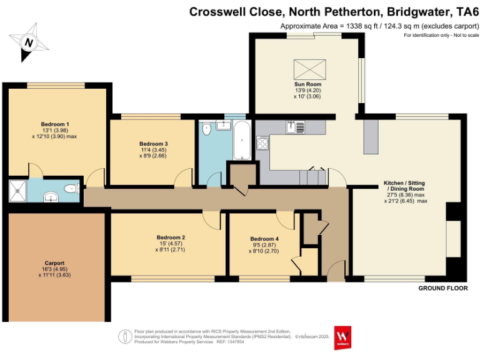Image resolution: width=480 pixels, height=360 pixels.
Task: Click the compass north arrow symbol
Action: (x=28, y=42)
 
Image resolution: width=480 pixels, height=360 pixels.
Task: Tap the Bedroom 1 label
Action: (x=55, y=124)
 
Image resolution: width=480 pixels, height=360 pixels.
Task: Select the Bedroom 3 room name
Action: (x=153, y=144)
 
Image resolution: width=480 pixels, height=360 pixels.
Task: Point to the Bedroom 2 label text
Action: (x=171, y=237)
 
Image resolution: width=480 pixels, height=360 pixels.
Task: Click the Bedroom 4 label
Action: (x=264, y=239)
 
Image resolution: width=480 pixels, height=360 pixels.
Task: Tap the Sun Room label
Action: (x=307, y=84)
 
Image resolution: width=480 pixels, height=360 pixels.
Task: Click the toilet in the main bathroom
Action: (x=207, y=129)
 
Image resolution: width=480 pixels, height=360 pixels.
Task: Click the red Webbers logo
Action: (x=342, y=336)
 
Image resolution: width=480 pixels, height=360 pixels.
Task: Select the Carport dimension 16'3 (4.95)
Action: (x=54, y=269)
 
